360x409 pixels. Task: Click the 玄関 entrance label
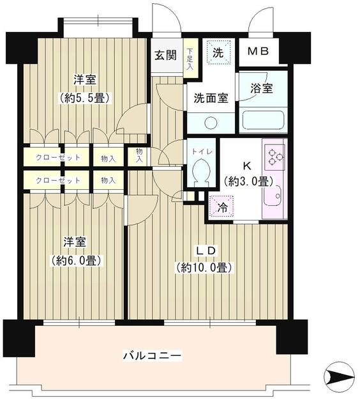[x=165, y=55]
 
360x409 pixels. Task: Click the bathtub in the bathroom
[x=262, y=120]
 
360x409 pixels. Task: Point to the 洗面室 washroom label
[x=211, y=98]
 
